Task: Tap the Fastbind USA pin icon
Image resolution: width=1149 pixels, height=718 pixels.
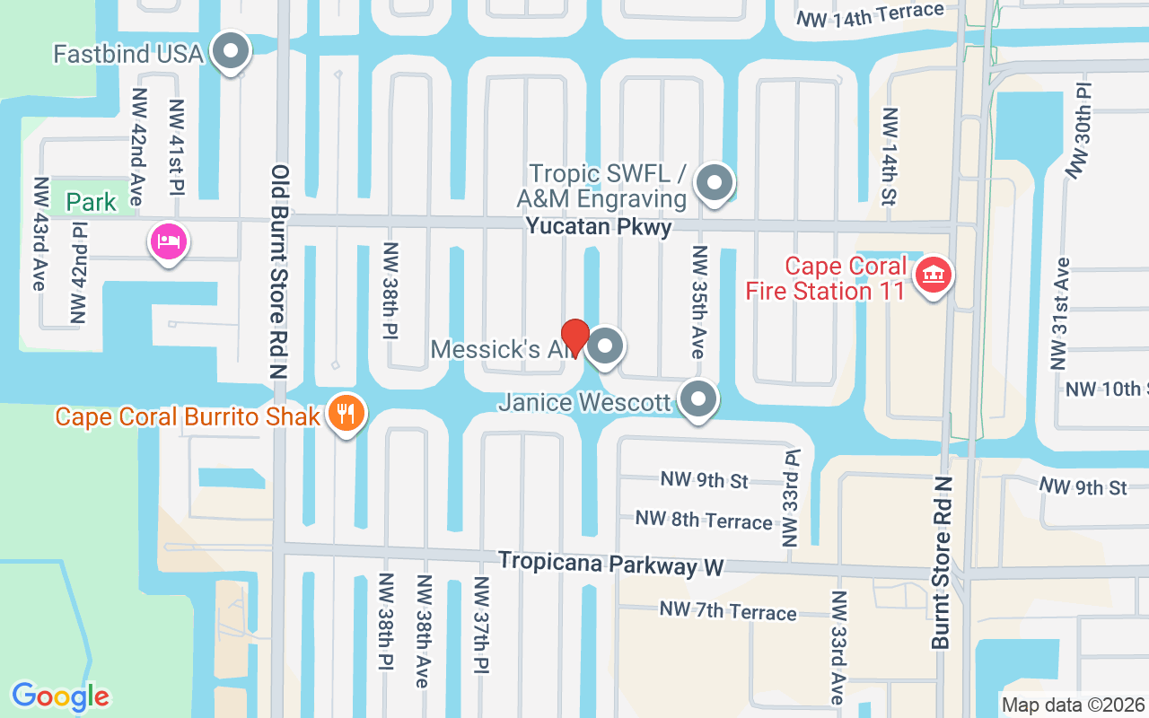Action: click(x=232, y=52)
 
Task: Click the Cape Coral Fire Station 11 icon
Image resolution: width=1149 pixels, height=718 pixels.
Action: click(x=933, y=275)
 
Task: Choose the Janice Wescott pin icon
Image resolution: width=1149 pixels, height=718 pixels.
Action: click(x=698, y=399)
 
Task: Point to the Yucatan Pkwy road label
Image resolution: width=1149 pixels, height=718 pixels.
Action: click(x=599, y=226)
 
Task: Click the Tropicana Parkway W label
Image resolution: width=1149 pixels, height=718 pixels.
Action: click(x=610, y=565)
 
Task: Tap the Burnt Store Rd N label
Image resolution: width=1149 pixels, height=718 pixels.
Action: click(x=941, y=563)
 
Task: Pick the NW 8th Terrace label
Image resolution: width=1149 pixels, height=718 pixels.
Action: click(x=704, y=520)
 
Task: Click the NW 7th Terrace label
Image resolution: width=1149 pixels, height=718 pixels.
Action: click(x=728, y=611)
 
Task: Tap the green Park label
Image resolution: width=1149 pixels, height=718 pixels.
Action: click(x=92, y=201)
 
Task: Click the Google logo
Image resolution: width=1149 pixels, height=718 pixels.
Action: click(x=60, y=696)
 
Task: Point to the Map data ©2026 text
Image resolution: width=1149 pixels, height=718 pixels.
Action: click(x=1073, y=705)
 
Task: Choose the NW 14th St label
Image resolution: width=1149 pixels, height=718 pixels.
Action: click(x=889, y=156)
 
